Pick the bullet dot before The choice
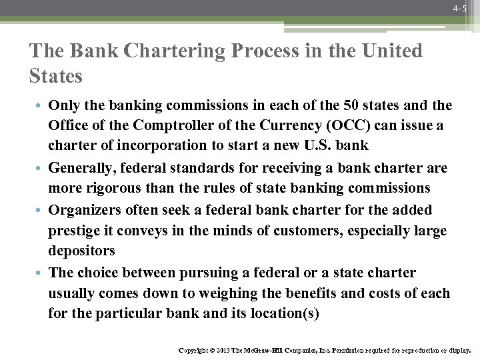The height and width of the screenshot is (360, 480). click(42, 273)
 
